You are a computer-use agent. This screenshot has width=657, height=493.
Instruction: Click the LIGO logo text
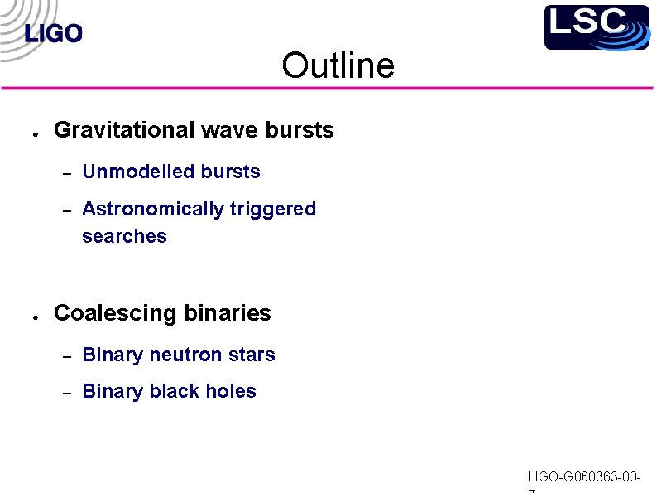(x=54, y=34)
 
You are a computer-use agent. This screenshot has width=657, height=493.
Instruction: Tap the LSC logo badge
(x=596, y=27)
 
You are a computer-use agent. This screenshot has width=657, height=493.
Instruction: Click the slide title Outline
(x=338, y=65)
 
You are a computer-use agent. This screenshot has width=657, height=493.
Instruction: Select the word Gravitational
(x=124, y=130)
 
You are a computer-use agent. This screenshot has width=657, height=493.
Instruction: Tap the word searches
(x=124, y=236)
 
